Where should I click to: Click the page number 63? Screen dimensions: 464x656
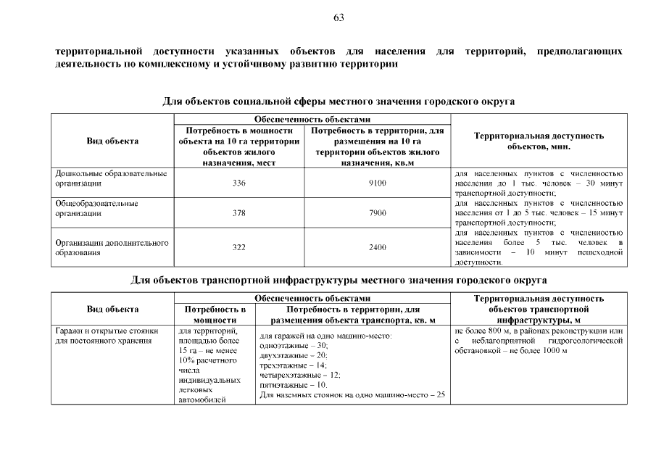tap(339, 17)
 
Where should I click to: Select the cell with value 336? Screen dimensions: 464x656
tap(238, 183)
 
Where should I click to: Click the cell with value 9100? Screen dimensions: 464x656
tap(377, 183)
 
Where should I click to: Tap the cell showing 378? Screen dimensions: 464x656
tap(238, 214)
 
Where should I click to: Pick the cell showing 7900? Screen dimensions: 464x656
tap(377, 214)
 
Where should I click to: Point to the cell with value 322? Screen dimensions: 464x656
tap(238, 247)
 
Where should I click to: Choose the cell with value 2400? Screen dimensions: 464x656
tap(377, 247)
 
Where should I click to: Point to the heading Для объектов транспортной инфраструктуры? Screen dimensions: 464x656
tap(338, 280)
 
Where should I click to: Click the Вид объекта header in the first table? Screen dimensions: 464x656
tap(112, 141)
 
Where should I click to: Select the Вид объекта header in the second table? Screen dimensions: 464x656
tap(112, 309)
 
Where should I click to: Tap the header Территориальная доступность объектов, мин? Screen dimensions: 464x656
tap(539, 141)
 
